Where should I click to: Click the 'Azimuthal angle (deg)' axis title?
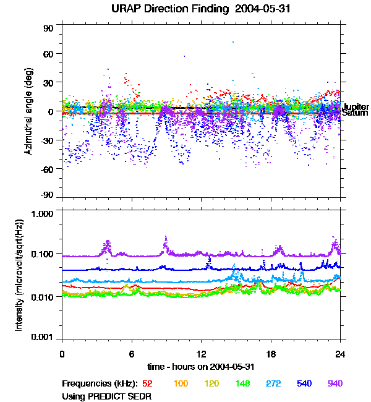[28, 111]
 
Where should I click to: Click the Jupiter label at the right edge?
[355, 107]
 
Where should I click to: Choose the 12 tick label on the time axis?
[201, 354]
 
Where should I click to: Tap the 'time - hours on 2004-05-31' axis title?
[202, 366]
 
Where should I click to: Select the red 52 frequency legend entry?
[147, 383]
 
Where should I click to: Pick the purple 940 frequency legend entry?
[335, 383]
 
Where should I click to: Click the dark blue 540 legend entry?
[304, 383]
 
